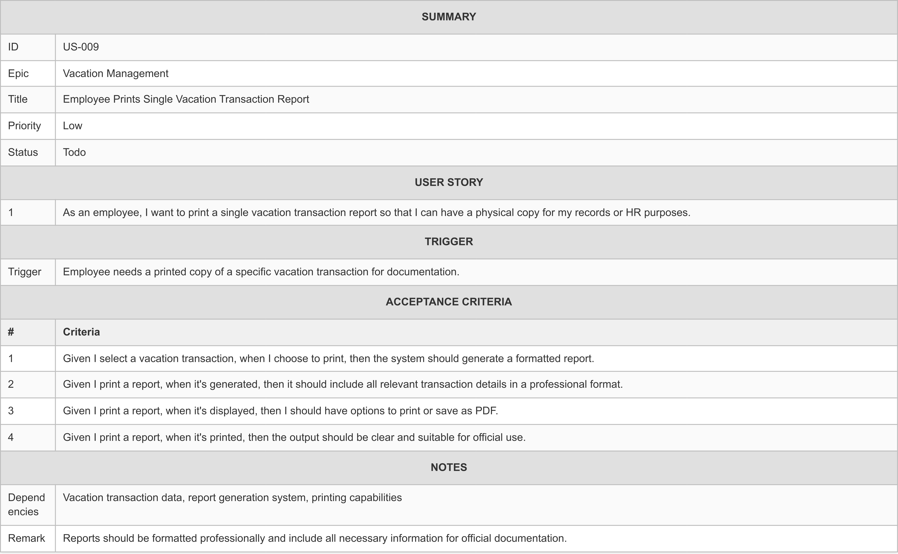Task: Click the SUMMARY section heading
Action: click(x=449, y=17)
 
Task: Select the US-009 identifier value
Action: click(x=81, y=47)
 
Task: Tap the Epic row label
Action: click(x=18, y=73)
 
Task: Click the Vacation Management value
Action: click(x=115, y=73)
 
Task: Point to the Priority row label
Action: click(x=24, y=126)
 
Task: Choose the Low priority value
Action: click(x=73, y=126)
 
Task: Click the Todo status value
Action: click(x=75, y=152)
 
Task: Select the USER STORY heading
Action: click(x=449, y=182)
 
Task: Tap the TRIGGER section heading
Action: click(x=449, y=241)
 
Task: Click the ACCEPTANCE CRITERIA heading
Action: click(x=449, y=301)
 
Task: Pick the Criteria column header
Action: click(x=81, y=332)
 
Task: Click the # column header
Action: click(x=11, y=332)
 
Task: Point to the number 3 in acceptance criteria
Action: click(x=11, y=411)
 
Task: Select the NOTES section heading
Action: click(x=449, y=467)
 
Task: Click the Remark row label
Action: click(x=26, y=538)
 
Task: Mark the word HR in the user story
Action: click(x=633, y=212)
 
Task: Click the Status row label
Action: click(x=23, y=152)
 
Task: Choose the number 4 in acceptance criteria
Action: click(x=11, y=437)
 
